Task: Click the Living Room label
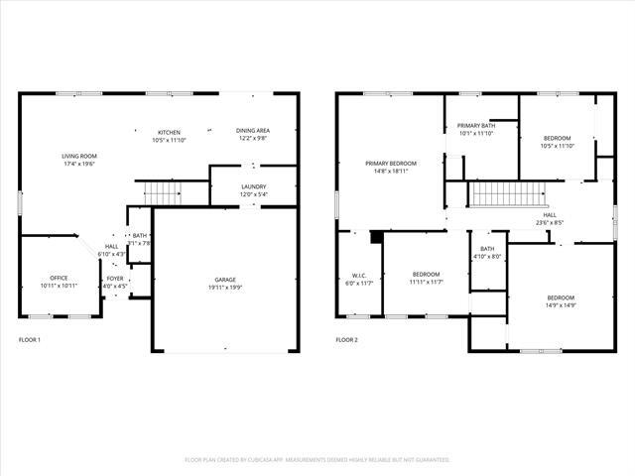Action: coord(79,156)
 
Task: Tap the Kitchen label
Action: coord(169,131)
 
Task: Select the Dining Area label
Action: coord(253,131)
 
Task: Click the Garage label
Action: coord(225,280)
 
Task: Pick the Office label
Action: coord(59,278)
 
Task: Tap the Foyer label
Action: coord(115,280)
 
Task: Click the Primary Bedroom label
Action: coord(390,163)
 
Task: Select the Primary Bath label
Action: coord(475,126)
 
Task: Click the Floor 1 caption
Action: coord(30,340)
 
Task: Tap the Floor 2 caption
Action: coord(346,340)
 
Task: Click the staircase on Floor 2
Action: coord(507,194)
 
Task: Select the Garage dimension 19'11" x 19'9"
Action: coord(225,288)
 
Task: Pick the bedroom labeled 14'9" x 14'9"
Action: coord(561,298)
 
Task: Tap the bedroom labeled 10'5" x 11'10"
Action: coord(557,138)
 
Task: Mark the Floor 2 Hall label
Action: coord(549,215)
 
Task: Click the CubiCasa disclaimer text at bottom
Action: coord(317,460)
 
